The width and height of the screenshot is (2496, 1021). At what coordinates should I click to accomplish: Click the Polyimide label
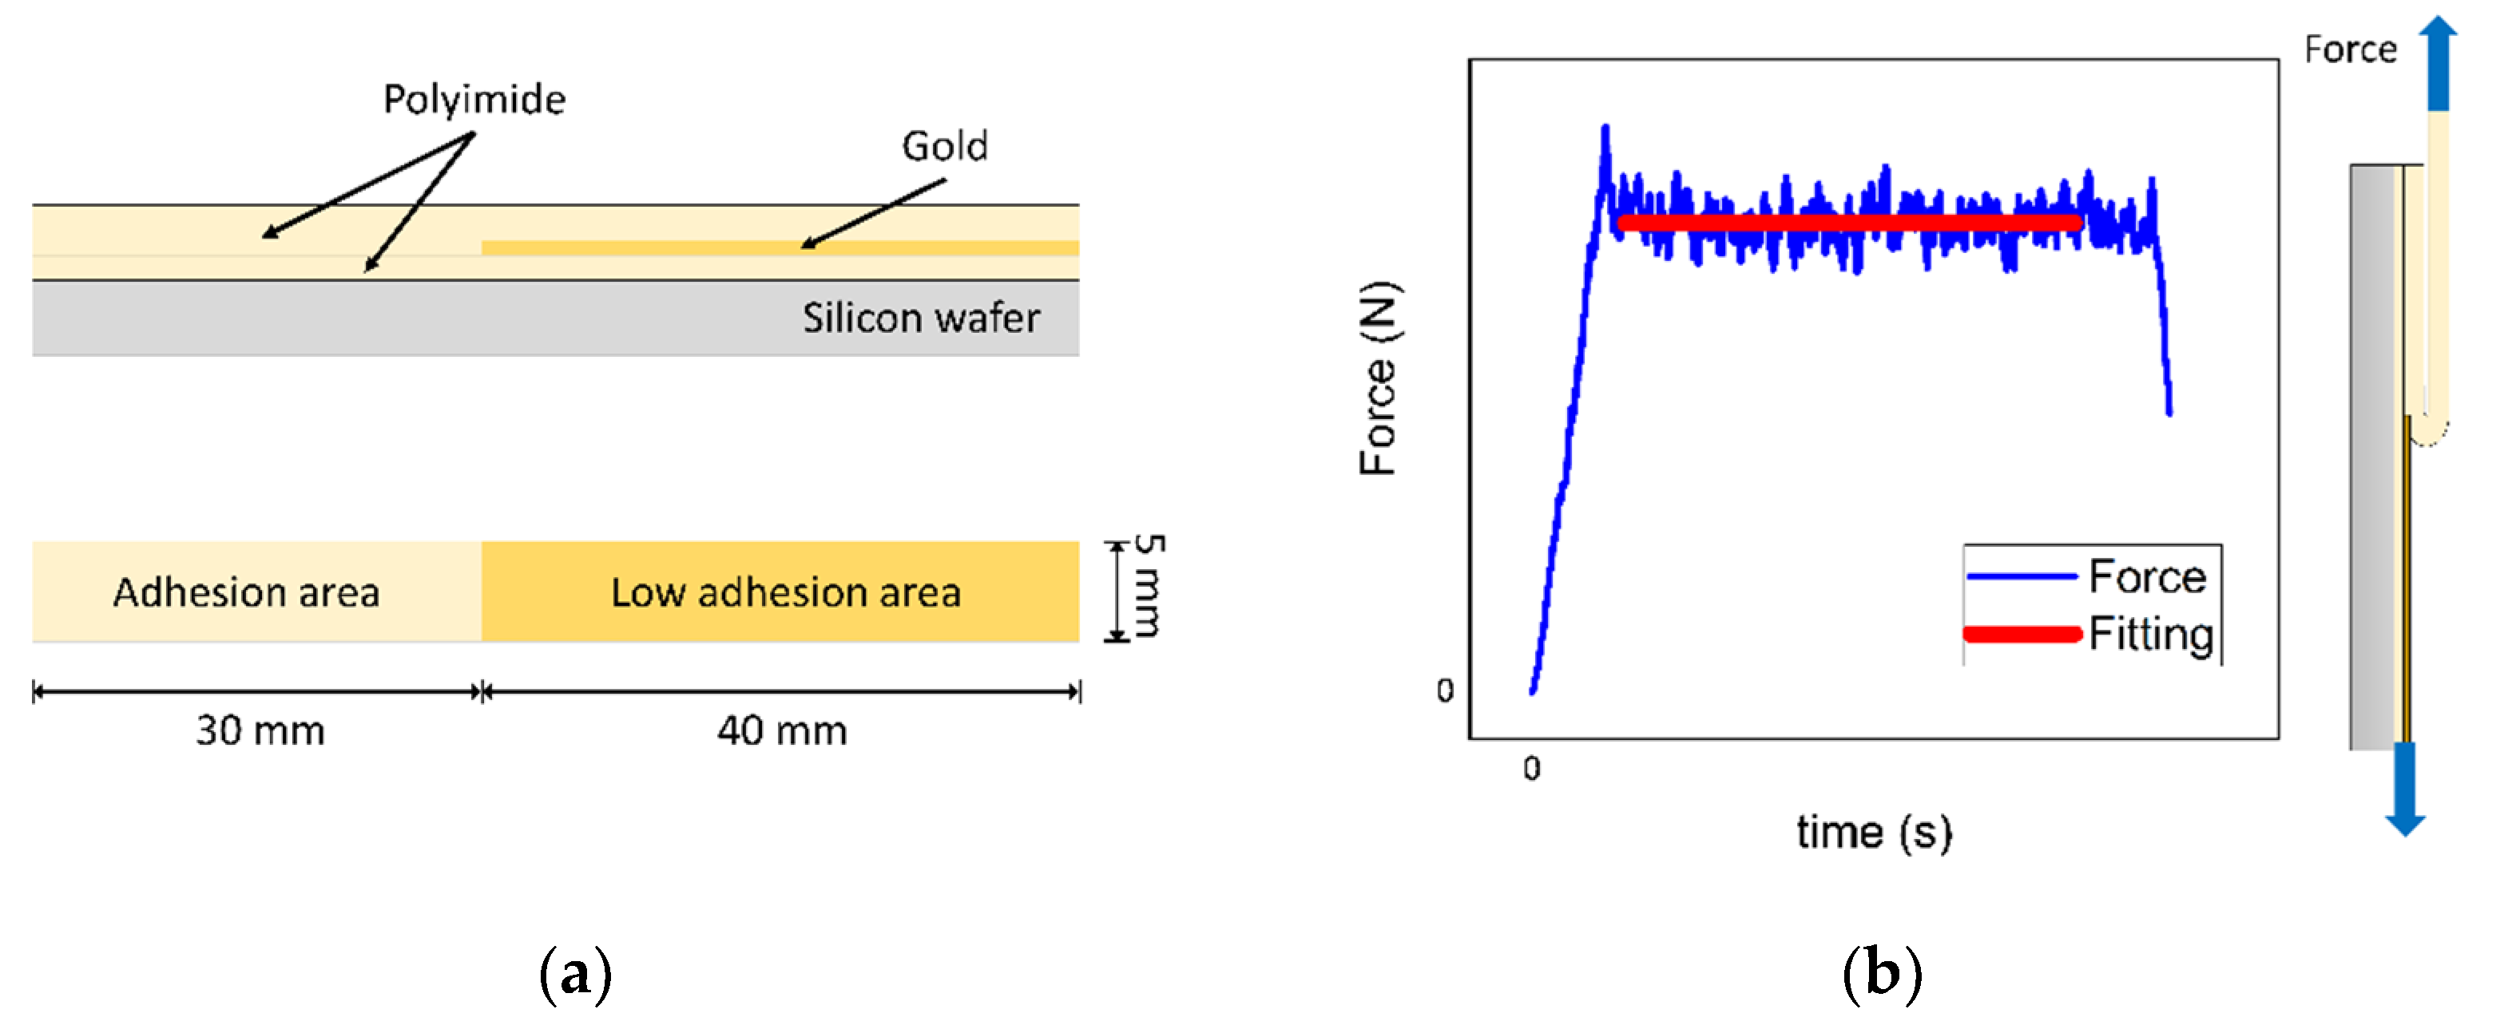(x=474, y=100)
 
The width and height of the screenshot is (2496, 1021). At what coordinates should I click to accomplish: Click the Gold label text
(x=944, y=146)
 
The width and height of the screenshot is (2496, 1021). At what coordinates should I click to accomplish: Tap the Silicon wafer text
(x=920, y=318)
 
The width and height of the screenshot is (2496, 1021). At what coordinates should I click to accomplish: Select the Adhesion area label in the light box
(x=246, y=592)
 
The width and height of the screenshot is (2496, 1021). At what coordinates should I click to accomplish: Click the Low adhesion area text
(x=786, y=592)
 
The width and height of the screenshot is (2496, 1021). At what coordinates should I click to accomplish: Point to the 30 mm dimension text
(x=260, y=730)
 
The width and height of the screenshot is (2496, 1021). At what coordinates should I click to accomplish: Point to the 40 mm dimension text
(x=782, y=730)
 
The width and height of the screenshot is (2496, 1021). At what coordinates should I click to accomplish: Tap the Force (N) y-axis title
(x=1379, y=378)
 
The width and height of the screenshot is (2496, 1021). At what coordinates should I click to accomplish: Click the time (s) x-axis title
(x=1873, y=832)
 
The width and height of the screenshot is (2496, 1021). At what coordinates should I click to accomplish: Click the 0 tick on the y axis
(x=1445, y=691)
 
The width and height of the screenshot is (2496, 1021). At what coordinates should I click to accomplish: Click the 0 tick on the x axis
(x=1531, y=769)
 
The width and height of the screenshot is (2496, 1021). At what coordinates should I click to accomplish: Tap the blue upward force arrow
(x=2438, y=63)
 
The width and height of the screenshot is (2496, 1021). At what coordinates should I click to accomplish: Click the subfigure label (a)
(x=576, y=974)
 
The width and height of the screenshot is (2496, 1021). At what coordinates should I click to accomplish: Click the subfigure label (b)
(x=1881, y=974)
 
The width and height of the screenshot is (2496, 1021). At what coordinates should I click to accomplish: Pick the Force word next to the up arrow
(x=2350, y=49)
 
